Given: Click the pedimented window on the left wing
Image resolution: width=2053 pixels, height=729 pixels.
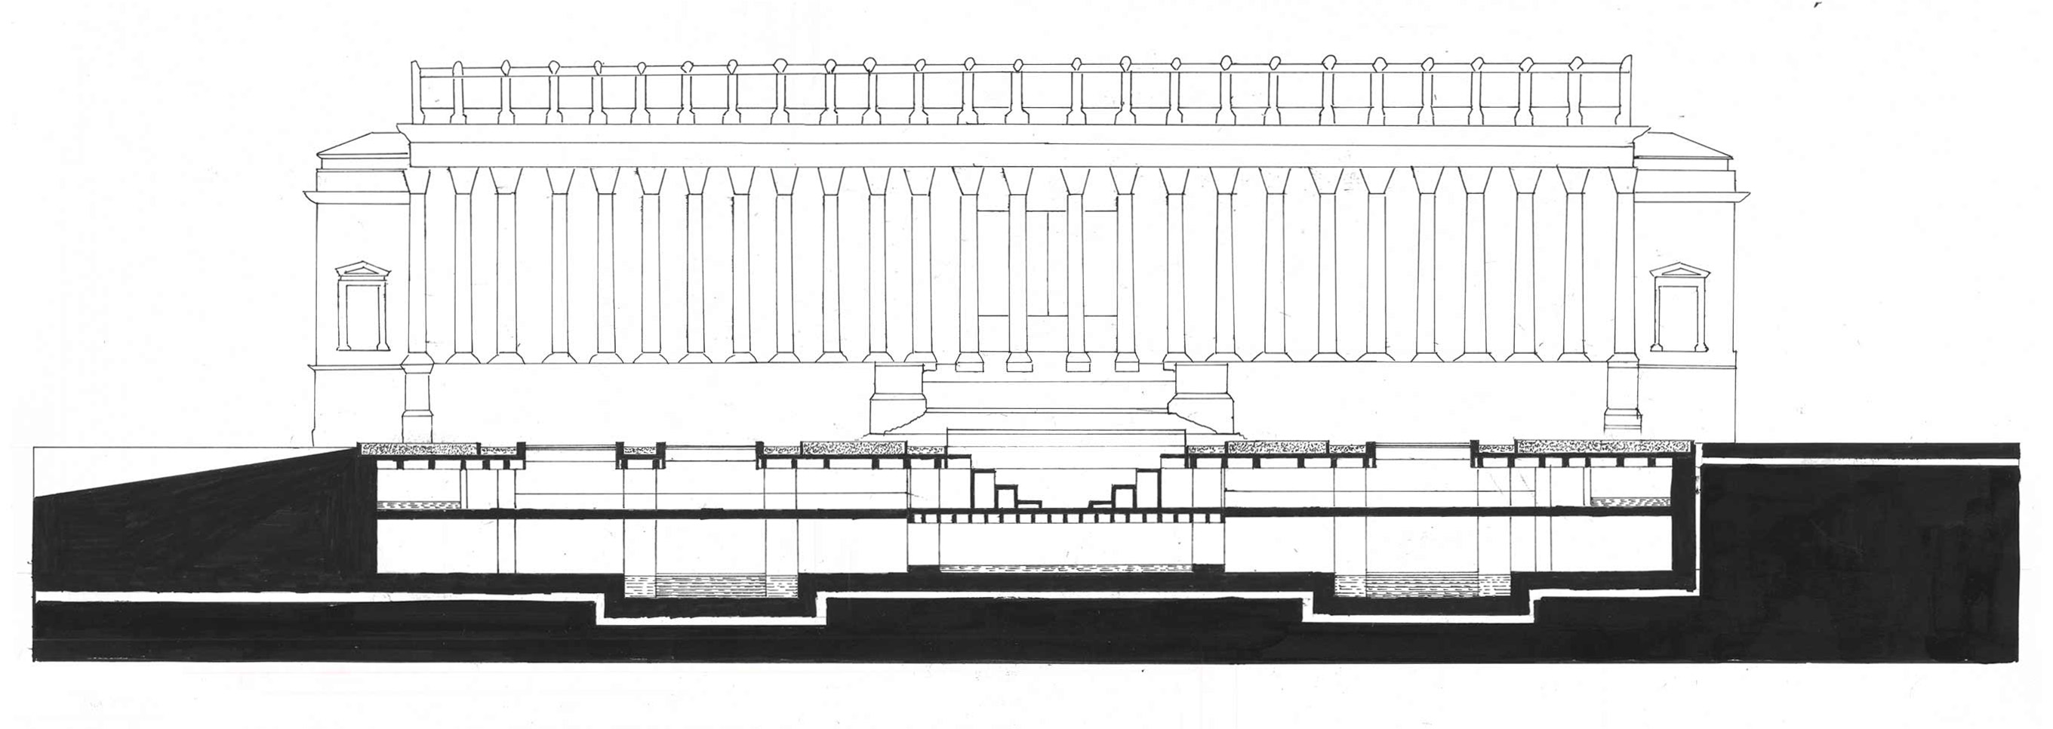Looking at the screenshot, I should click(362, 309).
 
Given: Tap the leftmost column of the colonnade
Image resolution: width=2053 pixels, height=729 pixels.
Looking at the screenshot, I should click(416, 271).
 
